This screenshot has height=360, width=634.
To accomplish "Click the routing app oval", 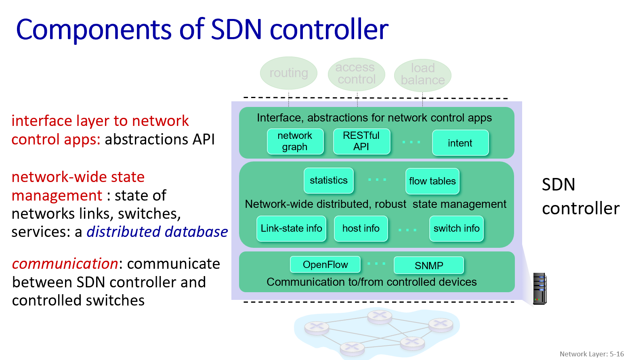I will (x=288, y=73).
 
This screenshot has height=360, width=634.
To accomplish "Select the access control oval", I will (x=356, y=73).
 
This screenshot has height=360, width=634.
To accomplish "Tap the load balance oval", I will (x=422, y=75).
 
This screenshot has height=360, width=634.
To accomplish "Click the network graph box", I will (x=295, y=141).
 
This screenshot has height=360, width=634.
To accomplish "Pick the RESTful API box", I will (x=361, y=141).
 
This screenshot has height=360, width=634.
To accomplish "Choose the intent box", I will (x=460, y=143).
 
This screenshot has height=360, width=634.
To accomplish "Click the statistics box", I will (x=328, y=180).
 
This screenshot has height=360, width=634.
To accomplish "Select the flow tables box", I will (x=432, y=181).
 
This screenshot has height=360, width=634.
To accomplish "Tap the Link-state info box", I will (x=291, y=228).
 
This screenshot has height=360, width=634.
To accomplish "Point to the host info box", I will (x=361, y=228).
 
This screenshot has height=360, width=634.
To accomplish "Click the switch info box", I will (x=456, y=228).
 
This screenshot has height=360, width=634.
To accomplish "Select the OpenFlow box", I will (x=325, y=265).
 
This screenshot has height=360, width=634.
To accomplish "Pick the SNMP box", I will (x=428, y=266).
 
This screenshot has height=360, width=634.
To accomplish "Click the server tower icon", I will (x=540, y=289).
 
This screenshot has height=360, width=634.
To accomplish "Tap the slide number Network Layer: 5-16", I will (x=592, y=354).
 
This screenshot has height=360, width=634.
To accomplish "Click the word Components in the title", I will (x=94, y=30).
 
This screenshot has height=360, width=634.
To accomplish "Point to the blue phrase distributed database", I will (x=157, y=232).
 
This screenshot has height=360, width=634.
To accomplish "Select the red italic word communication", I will (x=65, y=264).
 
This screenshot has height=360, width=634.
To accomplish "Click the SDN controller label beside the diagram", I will (x=580, y=197).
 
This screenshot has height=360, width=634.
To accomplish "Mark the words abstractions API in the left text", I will (x=160, y=140).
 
